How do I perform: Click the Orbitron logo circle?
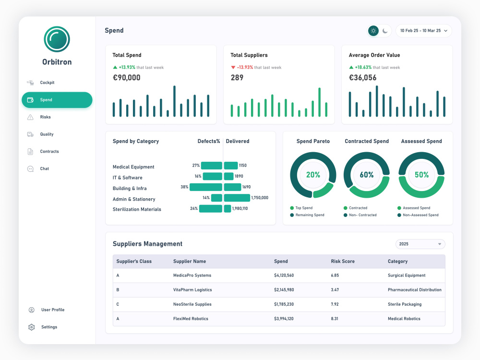(57, 39)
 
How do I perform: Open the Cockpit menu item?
(47, 83)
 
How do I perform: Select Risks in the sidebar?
(45, 117)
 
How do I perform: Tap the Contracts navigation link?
(49, 151)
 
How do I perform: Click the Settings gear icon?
(32, 327)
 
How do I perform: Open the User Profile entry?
(53, 310)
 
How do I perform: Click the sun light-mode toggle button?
(373, 31)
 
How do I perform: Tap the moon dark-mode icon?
(385, 31)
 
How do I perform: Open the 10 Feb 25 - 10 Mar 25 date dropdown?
(424, 31)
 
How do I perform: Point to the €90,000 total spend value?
(126, 77)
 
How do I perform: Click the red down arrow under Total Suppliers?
(233, 67)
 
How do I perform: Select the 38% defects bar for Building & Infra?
(206, 187)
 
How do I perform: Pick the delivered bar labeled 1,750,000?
(237, 198)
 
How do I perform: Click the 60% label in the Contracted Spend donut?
(366, 175)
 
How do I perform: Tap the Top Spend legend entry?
(301, 208)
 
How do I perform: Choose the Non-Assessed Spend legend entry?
(418, 215)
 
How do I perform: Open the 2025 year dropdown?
(420, 244)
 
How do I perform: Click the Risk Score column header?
(343, 262)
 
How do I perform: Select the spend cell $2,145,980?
(284, 289)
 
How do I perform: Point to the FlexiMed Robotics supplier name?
(191, 319)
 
